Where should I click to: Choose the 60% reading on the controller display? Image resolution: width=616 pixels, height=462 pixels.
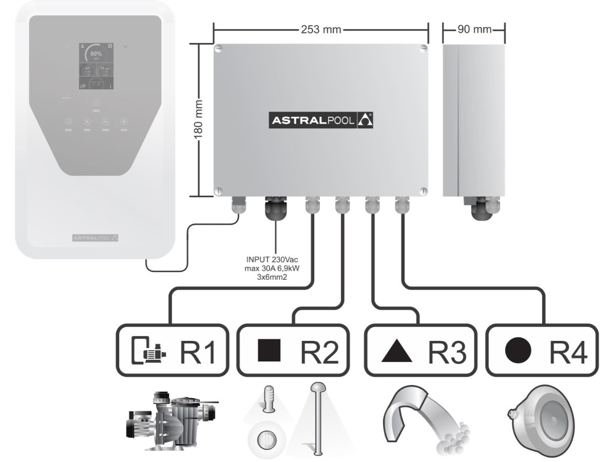point(96,53)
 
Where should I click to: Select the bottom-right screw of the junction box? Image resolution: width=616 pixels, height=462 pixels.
point(422,189)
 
